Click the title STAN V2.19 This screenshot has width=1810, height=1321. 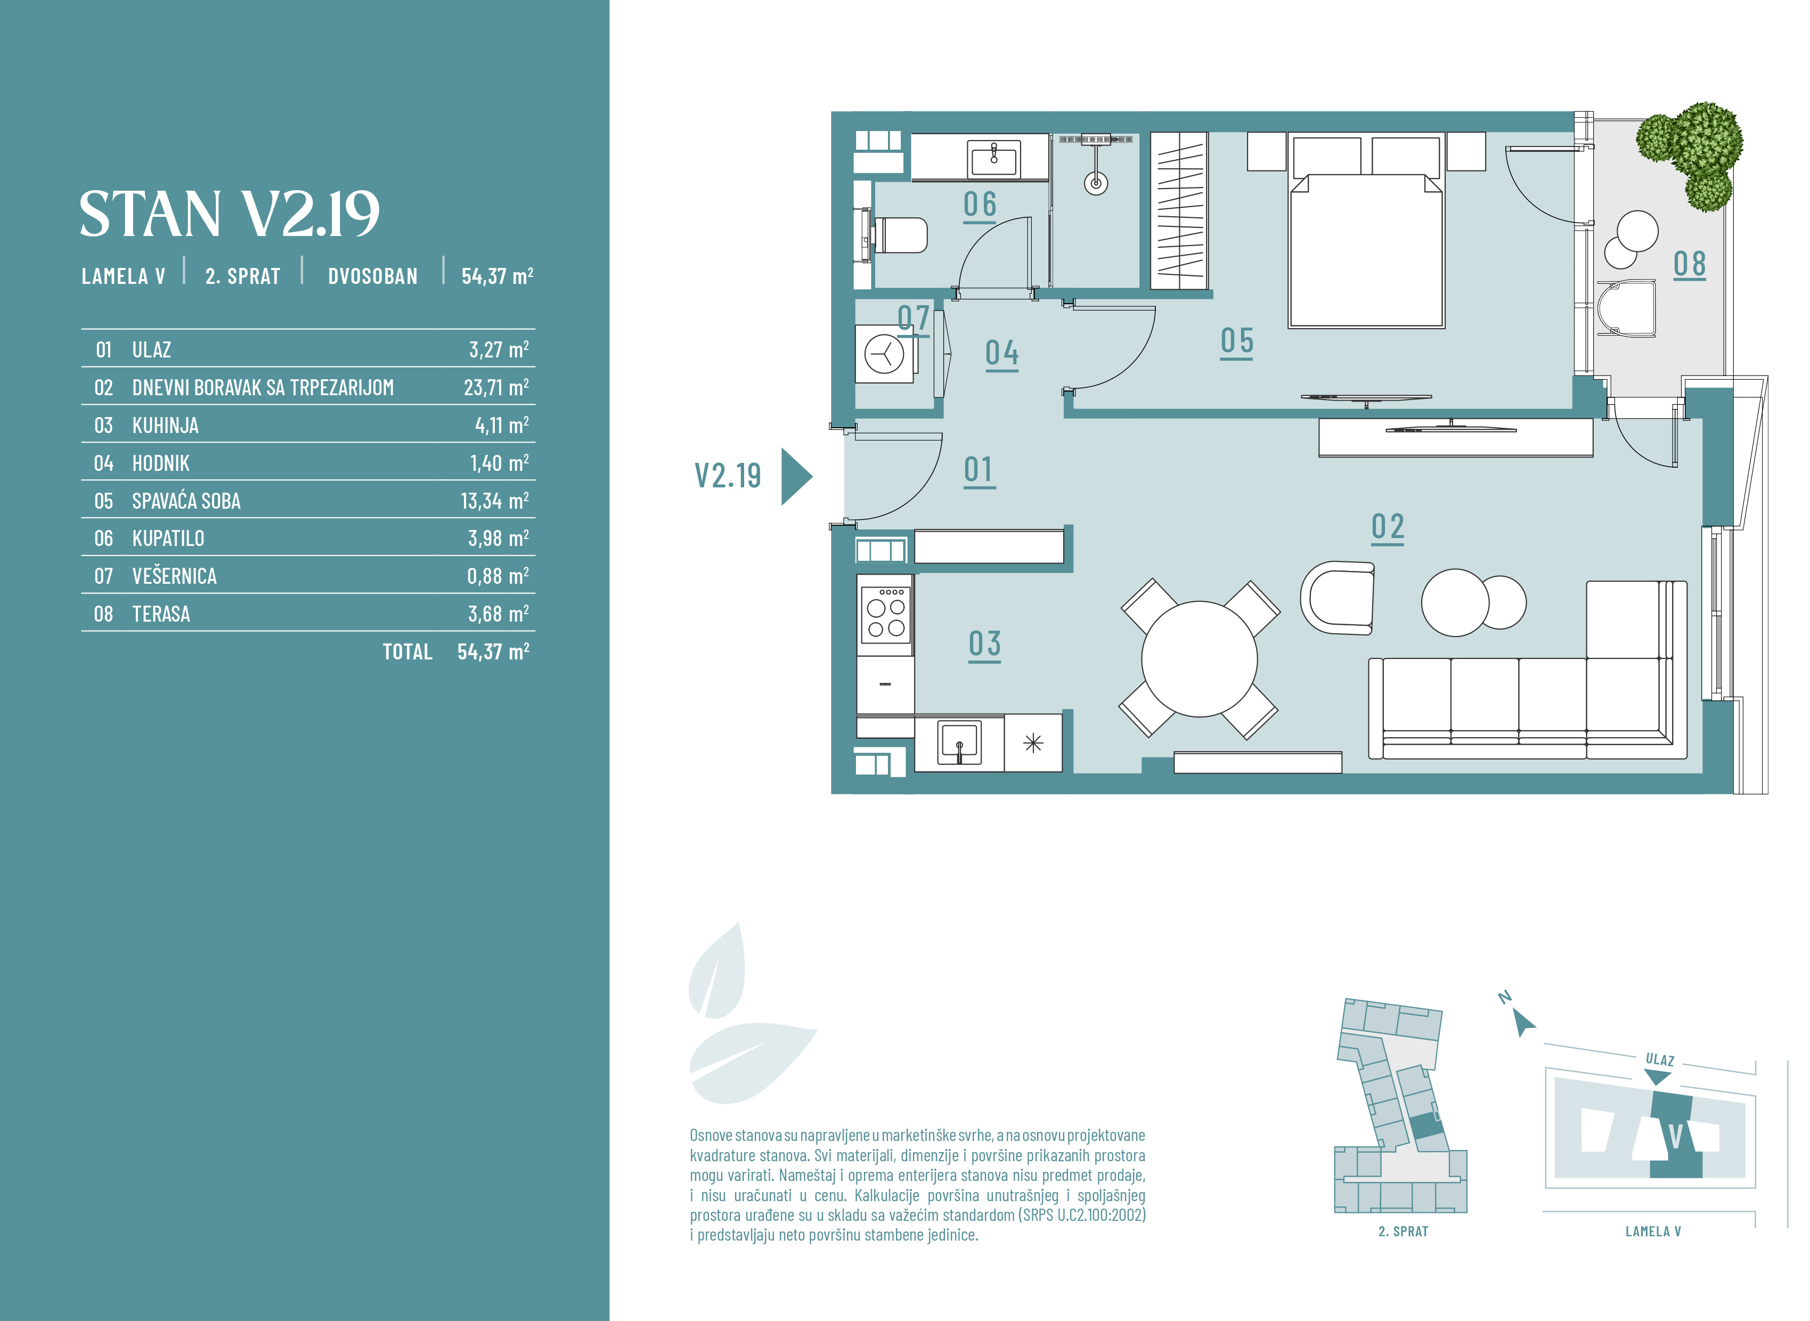[230, 214]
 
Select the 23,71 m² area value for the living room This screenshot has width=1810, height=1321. [496, 387]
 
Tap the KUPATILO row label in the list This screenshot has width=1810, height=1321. [168, 538]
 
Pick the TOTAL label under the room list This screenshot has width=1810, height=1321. [407, 651]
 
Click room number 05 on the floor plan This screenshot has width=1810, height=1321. [1237, 341]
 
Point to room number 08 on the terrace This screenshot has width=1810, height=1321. [1689, 264]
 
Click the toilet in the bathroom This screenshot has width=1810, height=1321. [899, 235]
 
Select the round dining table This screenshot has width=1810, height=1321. [1199, 659]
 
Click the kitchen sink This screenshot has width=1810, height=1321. [959, 743]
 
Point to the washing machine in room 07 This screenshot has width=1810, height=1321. [884, 354]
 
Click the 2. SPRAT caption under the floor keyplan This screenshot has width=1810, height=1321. [1403, 1232]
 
